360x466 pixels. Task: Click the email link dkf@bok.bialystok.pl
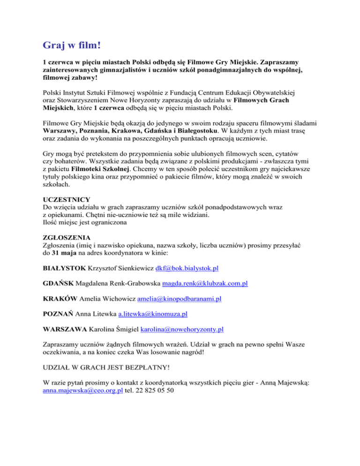(180, 269)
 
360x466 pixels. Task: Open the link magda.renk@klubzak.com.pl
(205, 284)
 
